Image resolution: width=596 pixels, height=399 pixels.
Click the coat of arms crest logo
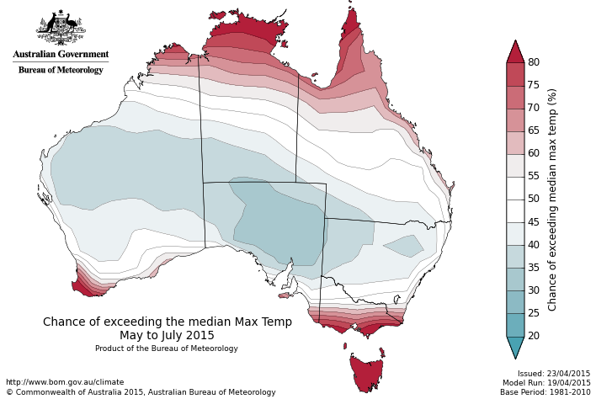click(x=61, y=29)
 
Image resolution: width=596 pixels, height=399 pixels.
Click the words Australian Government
click(x=61, y=55)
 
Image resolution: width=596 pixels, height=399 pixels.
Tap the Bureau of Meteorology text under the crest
click(x=61, y=70)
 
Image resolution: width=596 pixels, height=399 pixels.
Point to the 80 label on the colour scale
click(x=534, y=63)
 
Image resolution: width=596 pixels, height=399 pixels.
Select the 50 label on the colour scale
click(x=534, y=199)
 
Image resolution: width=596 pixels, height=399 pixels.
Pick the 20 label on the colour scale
click(x=534, y=336)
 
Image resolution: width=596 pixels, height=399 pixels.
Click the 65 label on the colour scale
click(x=534, y=131)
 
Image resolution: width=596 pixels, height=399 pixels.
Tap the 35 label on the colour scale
click(x=534, y=268)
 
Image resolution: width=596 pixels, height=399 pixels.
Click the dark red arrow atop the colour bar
click(x=515, y=51)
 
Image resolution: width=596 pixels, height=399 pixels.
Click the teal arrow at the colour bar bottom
click(x=515, y=346)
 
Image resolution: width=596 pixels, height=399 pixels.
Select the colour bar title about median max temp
click(x=553, y=199)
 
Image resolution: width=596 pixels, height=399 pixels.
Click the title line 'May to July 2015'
click(x=167, y=335)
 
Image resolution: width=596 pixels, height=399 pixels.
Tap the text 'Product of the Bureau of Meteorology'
click(x=167, y=348)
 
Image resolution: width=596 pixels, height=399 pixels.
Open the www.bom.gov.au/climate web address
click(x=65, y=382)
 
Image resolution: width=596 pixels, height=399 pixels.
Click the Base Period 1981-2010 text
click(x=545, y=392)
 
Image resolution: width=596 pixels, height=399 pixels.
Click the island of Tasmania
click(x=366, y=373)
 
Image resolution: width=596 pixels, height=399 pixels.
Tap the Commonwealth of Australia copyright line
click(x=141, y=392)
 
